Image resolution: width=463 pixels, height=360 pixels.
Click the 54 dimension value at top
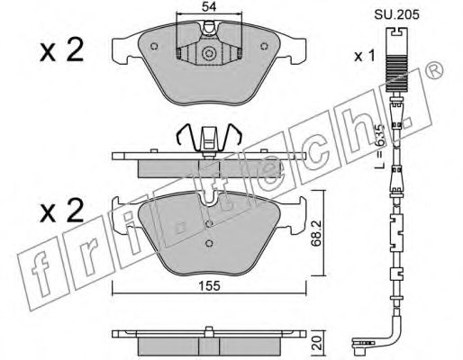(x=209, y=6)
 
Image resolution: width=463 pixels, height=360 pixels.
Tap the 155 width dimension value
(x=210, y=286)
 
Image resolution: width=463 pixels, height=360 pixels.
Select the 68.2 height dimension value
(x=316, y=233)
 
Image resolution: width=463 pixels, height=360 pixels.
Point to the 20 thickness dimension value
(x=318, y=342)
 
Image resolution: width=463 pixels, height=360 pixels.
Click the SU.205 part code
(x=396, y=14)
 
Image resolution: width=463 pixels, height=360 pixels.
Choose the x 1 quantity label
(x=365, y=56)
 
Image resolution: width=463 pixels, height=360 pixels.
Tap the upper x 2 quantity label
(x=62, y=50)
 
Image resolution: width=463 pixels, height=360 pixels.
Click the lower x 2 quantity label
(x=62, y=211)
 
